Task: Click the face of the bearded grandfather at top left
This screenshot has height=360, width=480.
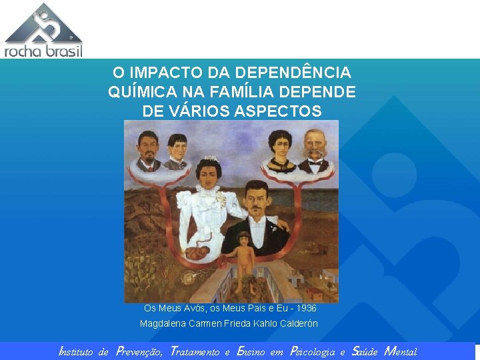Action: pos(147,143)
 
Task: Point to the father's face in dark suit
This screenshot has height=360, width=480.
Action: pos(256,197)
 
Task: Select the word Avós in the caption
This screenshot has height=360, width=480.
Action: pos(183,309)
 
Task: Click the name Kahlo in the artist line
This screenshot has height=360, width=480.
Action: pos(267,323)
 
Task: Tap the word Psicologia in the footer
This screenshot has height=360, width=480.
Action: pos(313,351)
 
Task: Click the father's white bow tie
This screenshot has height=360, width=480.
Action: pos(257,219)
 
